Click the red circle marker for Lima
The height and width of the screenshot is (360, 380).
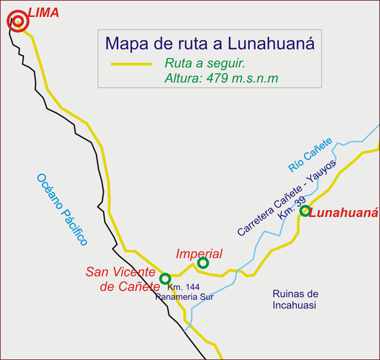(x=18, y=22)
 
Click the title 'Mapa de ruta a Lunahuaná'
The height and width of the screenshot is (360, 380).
(x=209, y=43)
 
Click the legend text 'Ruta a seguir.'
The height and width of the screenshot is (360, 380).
(x=206, y=64)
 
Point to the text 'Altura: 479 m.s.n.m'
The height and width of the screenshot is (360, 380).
(x=221, y=78)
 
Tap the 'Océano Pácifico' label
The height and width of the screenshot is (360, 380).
(x=62, y=209)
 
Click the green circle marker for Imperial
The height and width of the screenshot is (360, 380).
(x=203, y=262)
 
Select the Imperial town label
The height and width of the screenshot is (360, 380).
(x=199, y=254)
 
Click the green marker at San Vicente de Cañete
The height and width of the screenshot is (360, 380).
(x=165, y=278)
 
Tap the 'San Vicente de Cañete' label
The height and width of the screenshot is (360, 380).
(x=122, y=279)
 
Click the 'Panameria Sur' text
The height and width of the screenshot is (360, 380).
(x=185, y=296)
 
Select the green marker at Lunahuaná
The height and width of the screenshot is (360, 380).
(x=305, y=211)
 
